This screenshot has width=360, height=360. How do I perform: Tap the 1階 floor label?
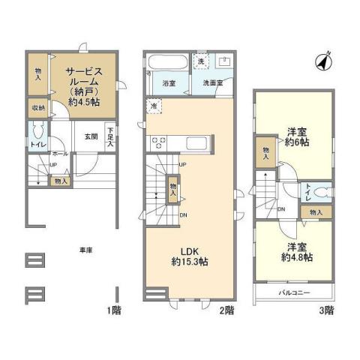[112, 309]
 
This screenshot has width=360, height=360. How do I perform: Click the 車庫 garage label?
[86, 250]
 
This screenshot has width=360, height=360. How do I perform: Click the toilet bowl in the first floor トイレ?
[35, 136]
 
